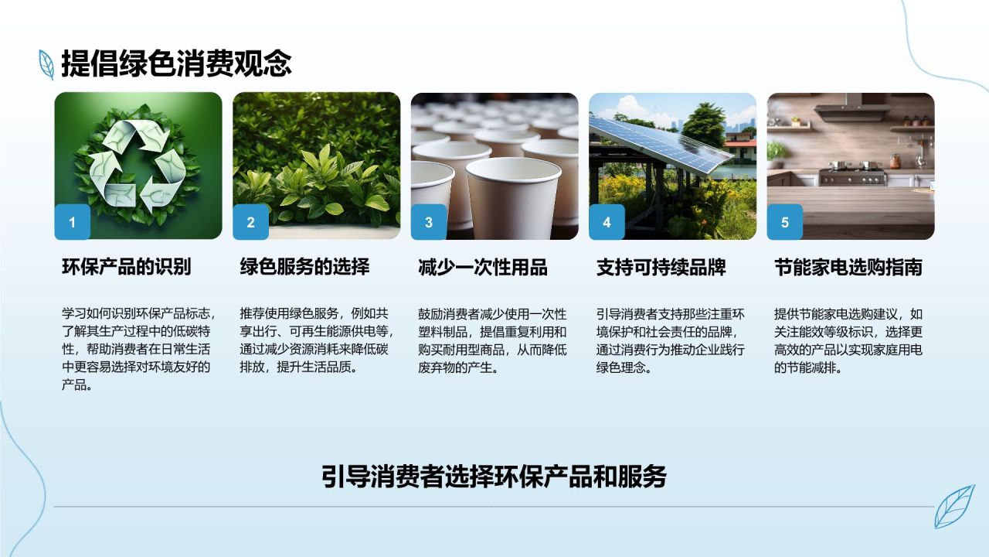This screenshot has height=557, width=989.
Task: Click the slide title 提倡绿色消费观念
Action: point(176,63)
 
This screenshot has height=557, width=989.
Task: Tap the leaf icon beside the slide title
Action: point(46,64)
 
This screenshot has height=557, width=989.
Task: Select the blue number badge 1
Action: point(73,222)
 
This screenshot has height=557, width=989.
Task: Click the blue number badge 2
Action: point(251,222)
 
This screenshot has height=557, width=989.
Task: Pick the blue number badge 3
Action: point(429,222)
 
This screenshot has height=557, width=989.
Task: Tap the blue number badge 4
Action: point(607,222)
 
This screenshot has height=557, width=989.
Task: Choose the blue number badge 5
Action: point(784,222)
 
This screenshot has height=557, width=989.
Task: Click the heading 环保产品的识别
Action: point(126,267)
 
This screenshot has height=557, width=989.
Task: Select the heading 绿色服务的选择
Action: point(304,267)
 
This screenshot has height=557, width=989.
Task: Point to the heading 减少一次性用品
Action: point(483,267)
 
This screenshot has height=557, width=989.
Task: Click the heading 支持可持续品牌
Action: point(661,267)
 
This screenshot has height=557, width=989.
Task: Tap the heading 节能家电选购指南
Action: point(848,267)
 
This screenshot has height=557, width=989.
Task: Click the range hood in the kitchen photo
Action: point(851,109)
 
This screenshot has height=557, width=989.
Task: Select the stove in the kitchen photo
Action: point(852,174)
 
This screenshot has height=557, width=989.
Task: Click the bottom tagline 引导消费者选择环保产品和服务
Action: point(494,477)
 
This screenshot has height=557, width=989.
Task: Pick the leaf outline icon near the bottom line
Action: point(954,507)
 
